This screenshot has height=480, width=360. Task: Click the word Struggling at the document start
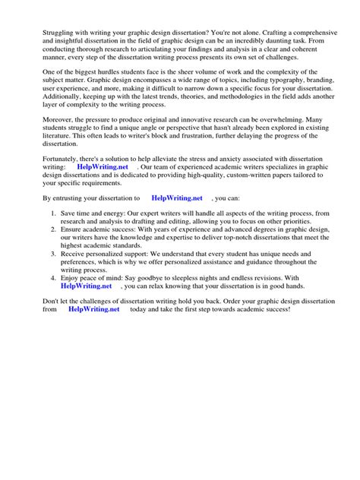coord(49,35)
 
